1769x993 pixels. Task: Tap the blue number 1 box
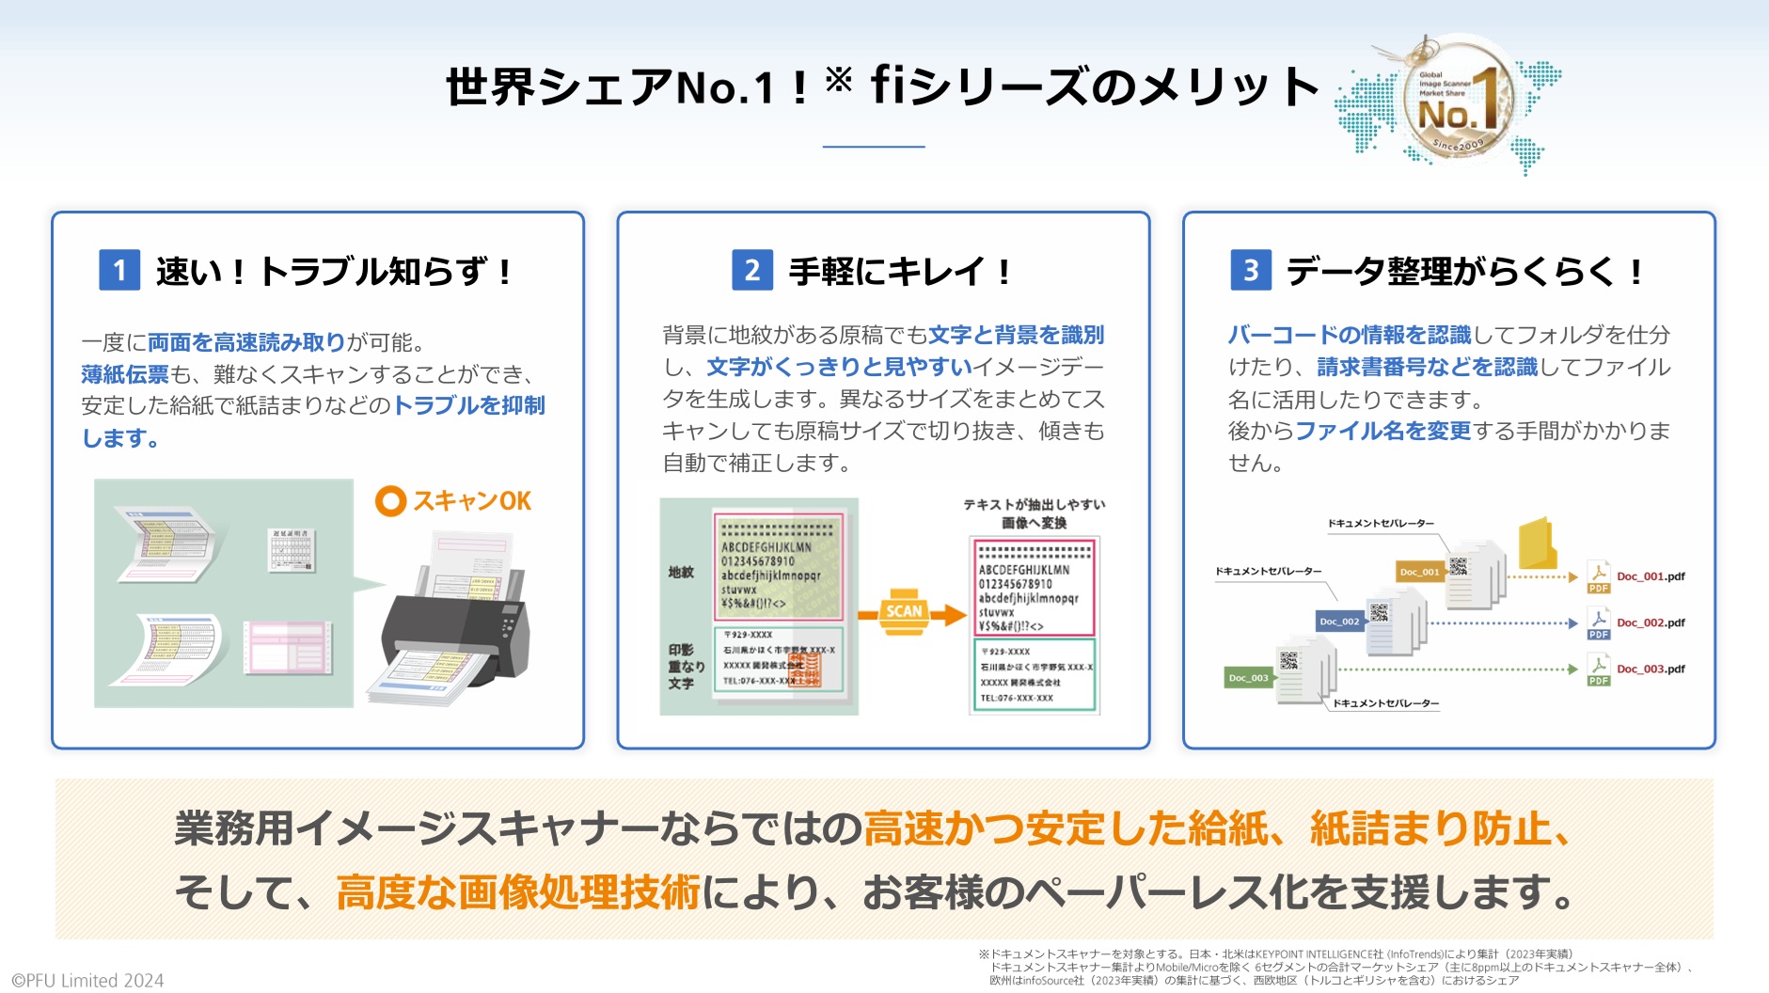(119, 271)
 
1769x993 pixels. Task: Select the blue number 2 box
(752, 271)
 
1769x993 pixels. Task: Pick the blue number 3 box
(1250, 271)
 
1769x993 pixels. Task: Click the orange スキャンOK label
(454, 501)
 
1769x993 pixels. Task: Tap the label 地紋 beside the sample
(681, 572)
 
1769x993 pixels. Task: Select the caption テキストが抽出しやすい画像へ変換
(1034, 513)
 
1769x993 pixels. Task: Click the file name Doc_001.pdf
(1651, 576)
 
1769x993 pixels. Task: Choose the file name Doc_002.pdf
(1651, 623)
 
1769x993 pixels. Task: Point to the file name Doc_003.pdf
(1651, 669)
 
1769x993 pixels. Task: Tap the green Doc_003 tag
(1249, 677)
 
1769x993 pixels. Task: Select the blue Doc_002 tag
(1339, 621)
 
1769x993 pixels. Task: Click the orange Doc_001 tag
(1419, 572)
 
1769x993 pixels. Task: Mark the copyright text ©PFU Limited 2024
(87, 981)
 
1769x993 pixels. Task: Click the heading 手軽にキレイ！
(899, 272)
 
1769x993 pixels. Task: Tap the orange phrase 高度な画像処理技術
(518, 891)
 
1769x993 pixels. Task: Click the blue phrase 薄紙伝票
(124, 374)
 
